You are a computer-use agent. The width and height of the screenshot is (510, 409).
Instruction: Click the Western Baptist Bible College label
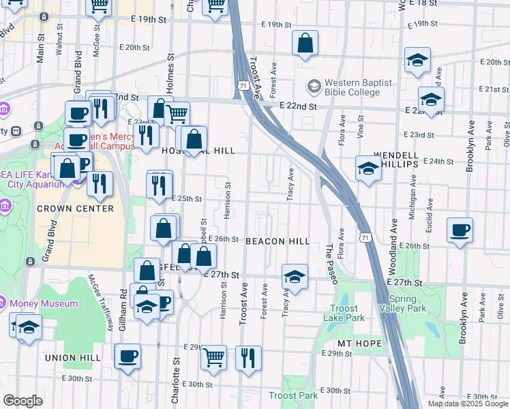pos(359,87)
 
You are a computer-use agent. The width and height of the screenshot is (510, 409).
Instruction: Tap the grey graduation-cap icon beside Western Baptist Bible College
pos(314,87)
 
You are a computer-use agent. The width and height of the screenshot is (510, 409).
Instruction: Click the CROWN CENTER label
pos(75,209)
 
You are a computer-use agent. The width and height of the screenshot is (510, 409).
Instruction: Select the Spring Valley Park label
pos(408,304)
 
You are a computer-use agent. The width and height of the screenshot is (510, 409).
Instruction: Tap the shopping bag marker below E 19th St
pos(305,42)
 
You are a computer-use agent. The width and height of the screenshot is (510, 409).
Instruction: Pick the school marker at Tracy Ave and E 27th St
pos(295,276)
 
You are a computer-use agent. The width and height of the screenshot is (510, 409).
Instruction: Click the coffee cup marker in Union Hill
pos(127,356)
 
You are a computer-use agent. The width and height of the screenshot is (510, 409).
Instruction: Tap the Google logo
pos(22,401)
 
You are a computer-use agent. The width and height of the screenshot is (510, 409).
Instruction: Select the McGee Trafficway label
pos(100,299)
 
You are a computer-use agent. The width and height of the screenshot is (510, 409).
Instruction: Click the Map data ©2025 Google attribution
pos(467,404)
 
